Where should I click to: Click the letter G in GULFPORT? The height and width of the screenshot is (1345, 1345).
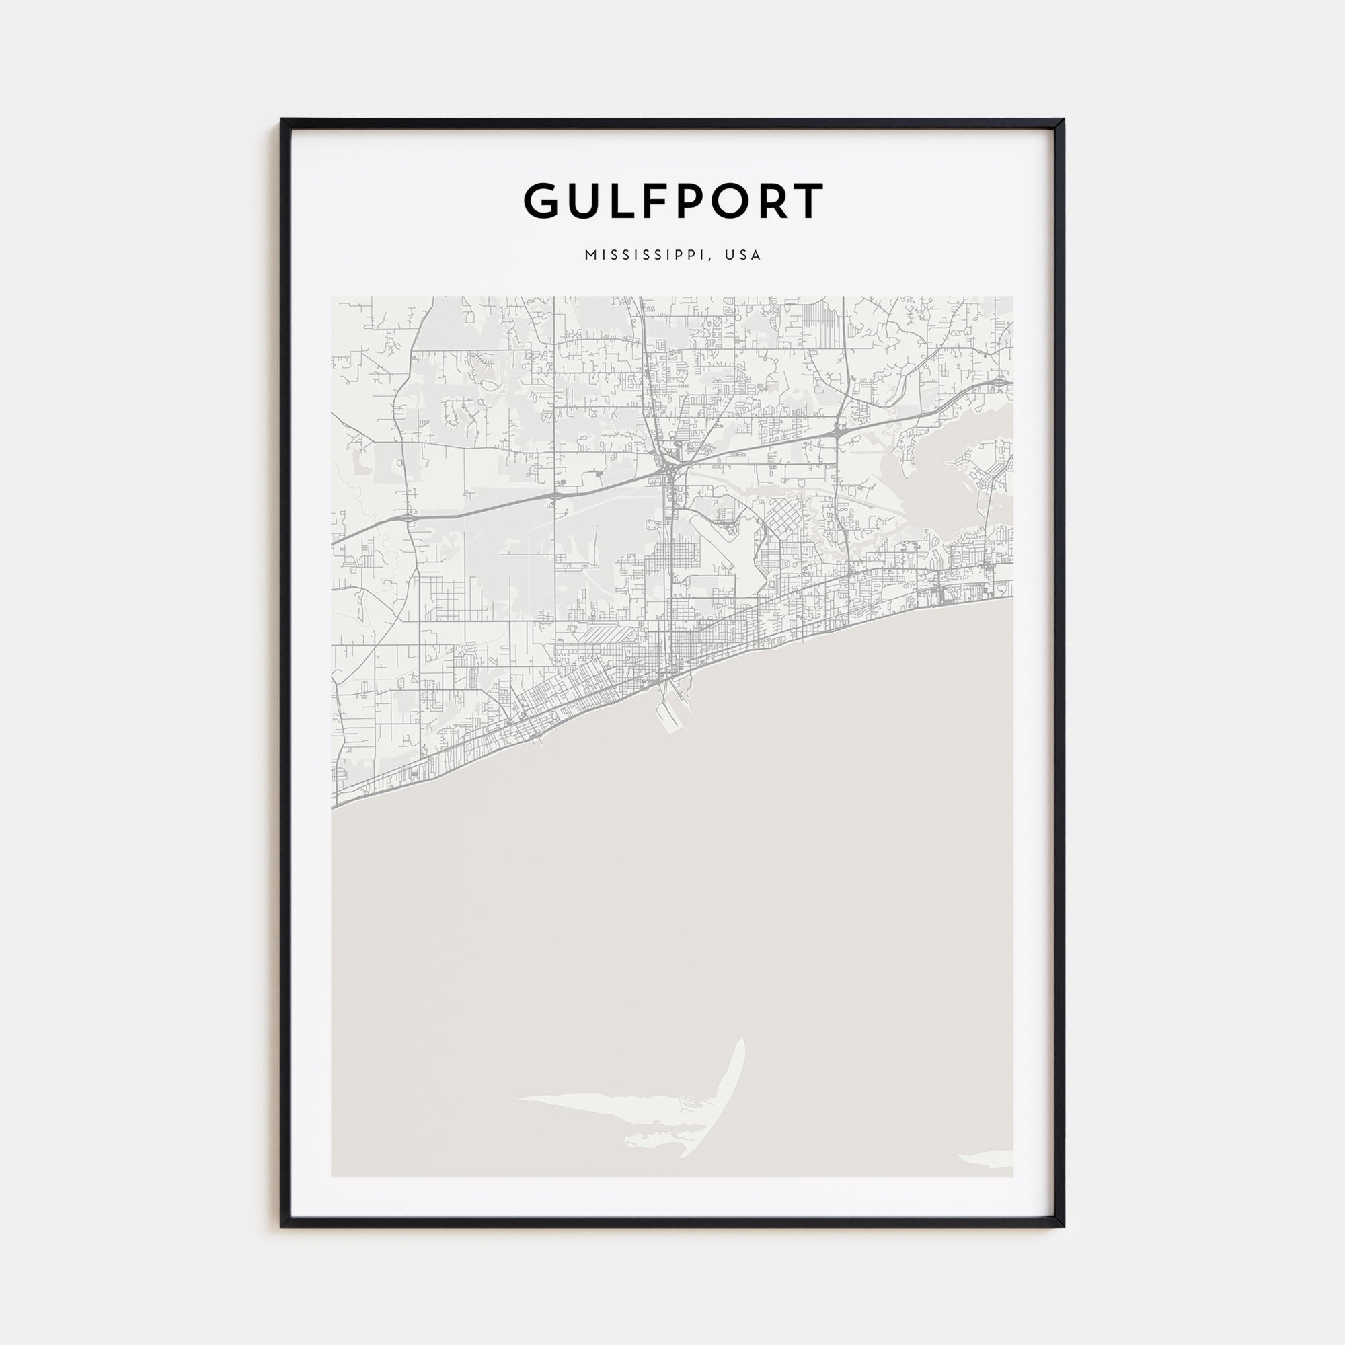pos(545,201)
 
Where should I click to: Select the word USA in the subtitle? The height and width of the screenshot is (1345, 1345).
pos(743,255)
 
